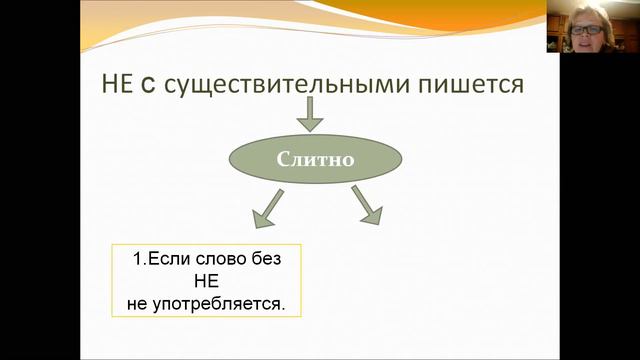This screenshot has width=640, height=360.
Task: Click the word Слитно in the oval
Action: coord(316,158)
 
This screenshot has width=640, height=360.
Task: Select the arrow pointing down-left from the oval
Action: coord(266,210)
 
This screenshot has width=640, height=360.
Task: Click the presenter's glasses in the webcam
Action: coord(586,29)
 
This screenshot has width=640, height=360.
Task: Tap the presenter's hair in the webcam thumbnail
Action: coord(585,13)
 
